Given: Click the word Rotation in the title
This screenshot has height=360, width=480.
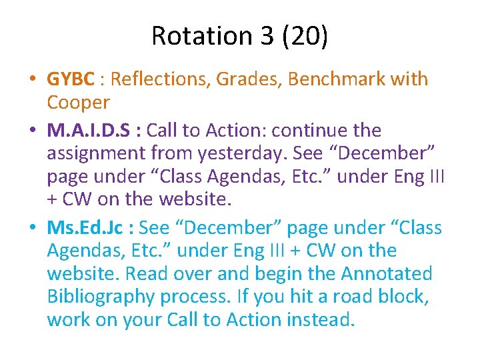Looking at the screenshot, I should tap(197, 36).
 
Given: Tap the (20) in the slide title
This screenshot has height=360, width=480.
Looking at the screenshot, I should tap(304, 36).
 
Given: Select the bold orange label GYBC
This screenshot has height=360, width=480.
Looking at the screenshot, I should tap(71, 79).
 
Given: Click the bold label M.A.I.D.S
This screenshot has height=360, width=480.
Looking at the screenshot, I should tap(89, 130).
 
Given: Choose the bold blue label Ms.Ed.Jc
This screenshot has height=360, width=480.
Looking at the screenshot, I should tap(87, 228).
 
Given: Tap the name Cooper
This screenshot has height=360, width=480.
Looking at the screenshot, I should tap(77, 103).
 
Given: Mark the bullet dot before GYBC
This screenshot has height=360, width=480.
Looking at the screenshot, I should tap(33, 80).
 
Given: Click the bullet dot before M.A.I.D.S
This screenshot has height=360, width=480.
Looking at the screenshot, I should tap(33, 131).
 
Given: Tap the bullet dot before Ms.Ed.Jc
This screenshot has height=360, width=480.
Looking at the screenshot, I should tap(33, 229).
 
